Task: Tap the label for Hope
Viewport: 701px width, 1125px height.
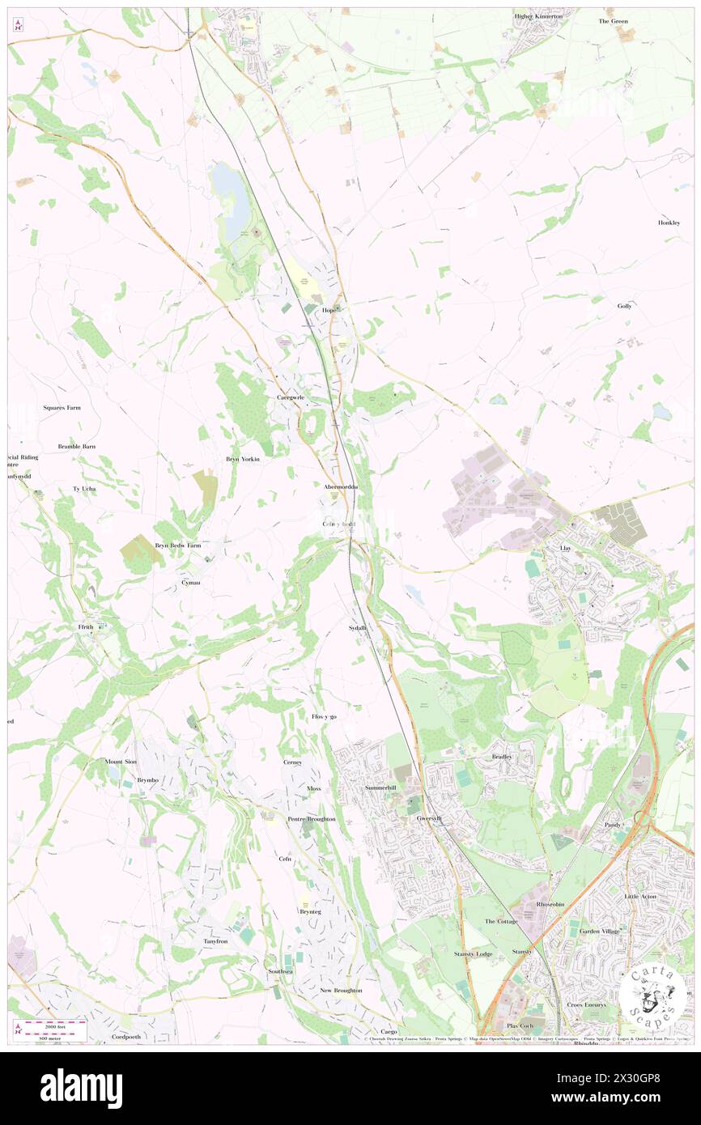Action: [329, 310]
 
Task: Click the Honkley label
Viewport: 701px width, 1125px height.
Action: [669, 223]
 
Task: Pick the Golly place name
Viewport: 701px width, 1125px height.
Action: [624, 306]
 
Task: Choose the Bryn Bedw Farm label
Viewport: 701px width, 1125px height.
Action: [177, 546]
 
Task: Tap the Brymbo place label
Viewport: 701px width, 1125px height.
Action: [147, 780]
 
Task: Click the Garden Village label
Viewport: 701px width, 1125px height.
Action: [599, 932]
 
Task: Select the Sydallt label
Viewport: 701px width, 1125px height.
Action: [358, 628]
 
